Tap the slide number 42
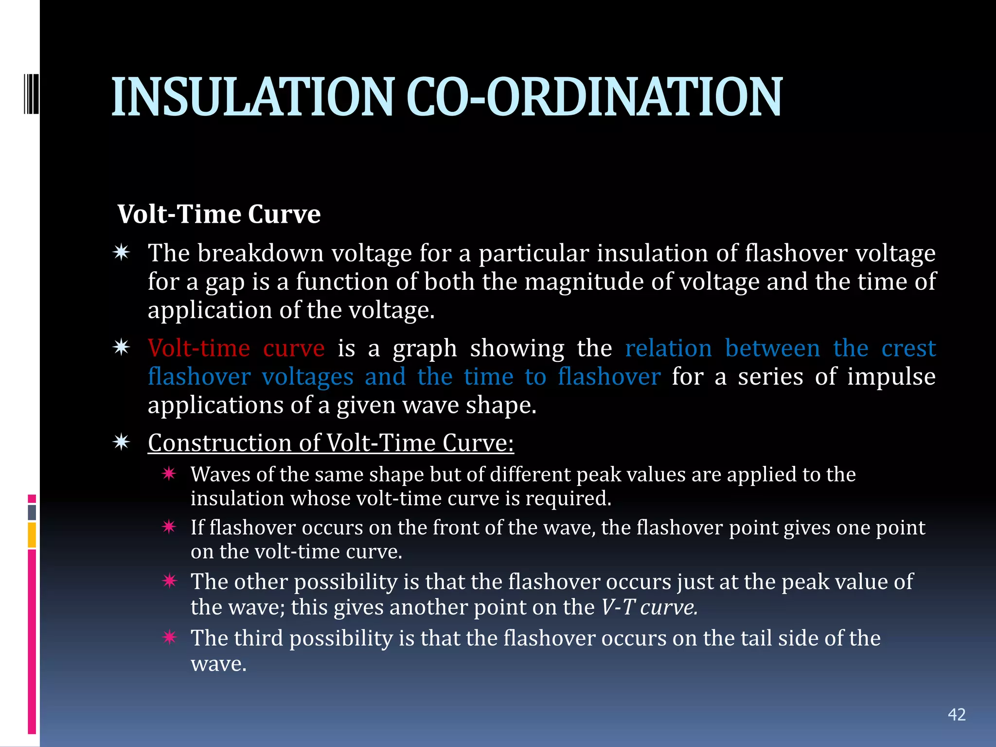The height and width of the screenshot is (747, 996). coord(957,714)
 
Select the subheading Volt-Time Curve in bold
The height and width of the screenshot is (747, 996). coord(219,214)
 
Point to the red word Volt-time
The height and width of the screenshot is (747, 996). coord(199,348)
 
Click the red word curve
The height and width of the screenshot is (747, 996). coord(294,348)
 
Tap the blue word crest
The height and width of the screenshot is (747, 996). coord(908,348)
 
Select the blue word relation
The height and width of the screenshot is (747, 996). coord(668,348)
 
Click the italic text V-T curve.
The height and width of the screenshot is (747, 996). coord(649,607)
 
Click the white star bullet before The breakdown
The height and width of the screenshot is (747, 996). coord(121,252)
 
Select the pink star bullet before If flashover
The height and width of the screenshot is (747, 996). coord(169,527)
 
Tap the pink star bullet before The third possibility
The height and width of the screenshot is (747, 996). coord(169,637)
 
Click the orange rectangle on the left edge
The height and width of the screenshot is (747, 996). coord(32,534)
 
